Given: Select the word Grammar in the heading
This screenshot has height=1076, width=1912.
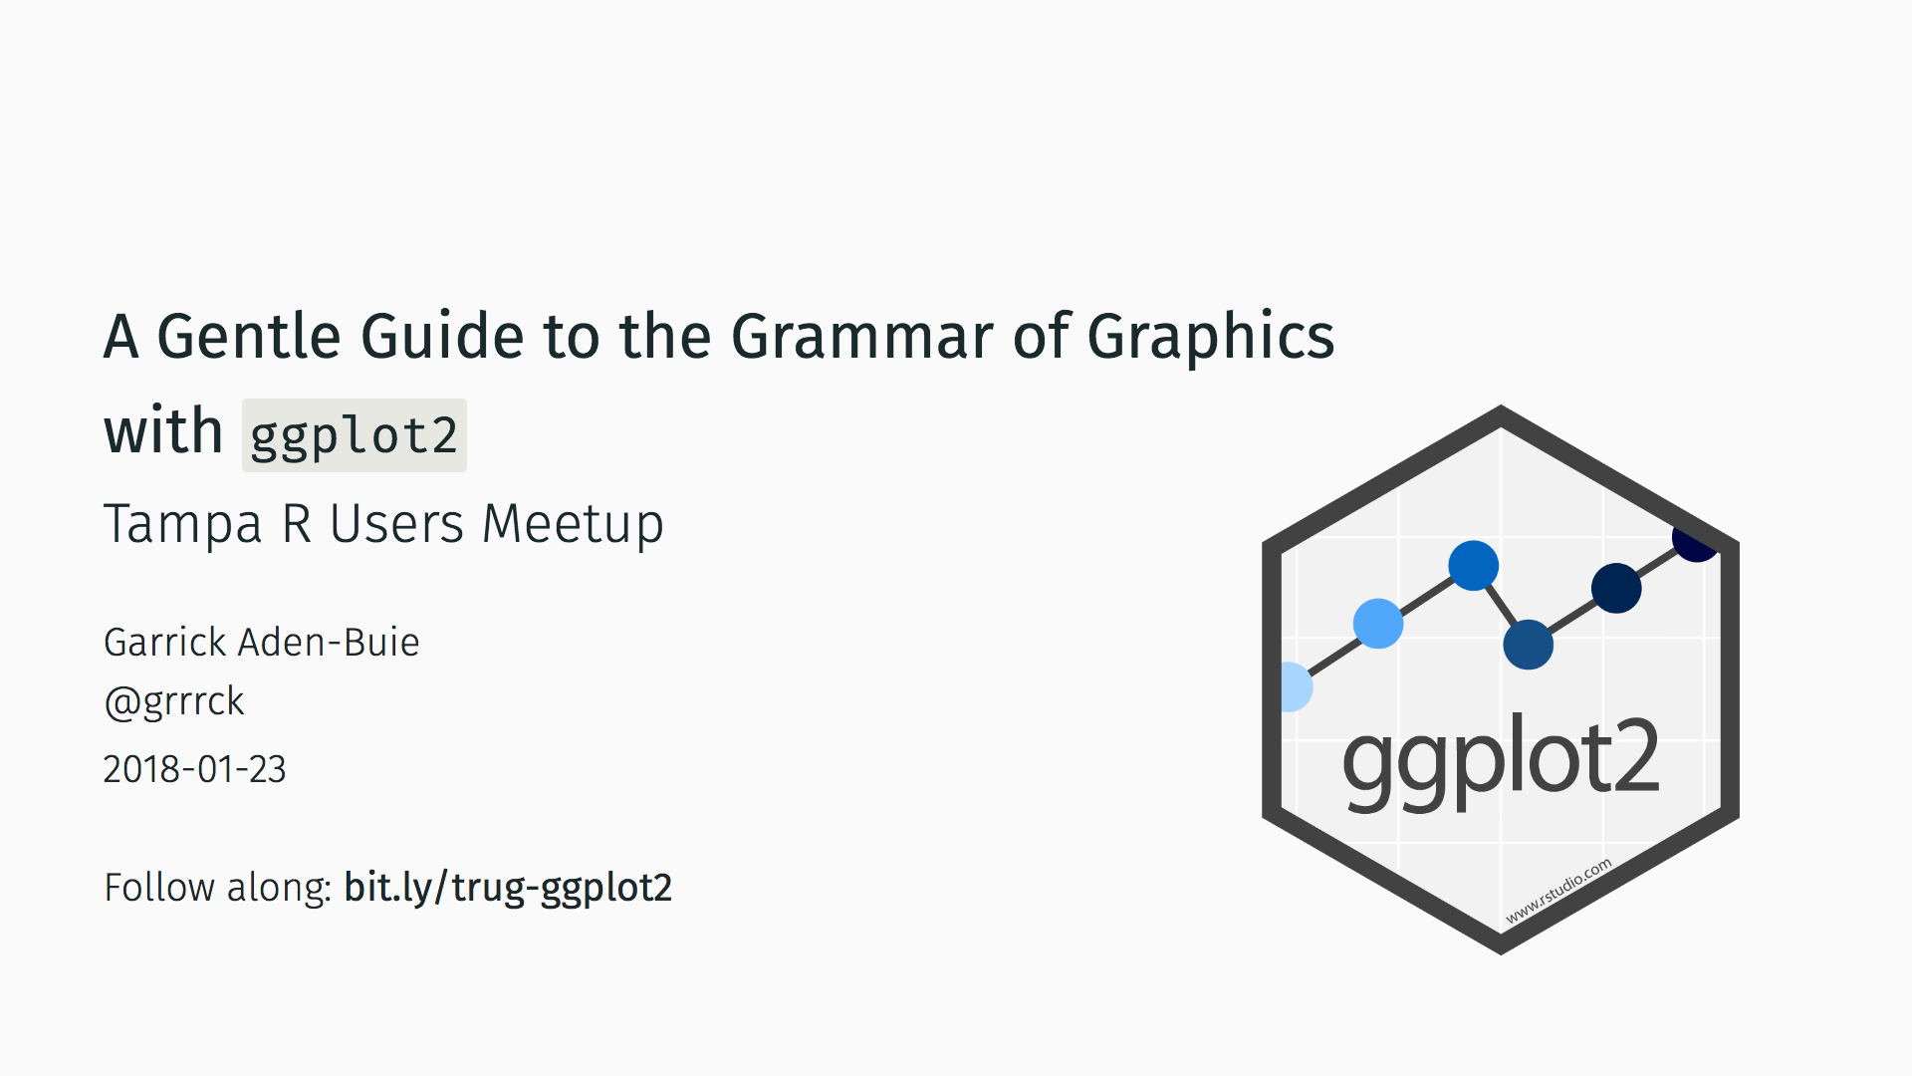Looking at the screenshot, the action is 862,336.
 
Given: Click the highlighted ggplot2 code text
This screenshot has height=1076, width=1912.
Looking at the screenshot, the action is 354,436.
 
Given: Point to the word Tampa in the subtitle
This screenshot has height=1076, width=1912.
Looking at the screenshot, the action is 183,525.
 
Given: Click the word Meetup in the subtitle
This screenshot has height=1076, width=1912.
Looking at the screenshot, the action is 573,525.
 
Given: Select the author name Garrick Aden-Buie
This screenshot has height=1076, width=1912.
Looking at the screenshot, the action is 261,643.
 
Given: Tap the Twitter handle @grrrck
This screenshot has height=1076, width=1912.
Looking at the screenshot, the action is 174,702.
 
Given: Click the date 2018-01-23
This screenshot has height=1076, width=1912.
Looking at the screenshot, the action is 194,769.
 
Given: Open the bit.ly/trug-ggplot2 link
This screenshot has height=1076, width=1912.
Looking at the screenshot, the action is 508,888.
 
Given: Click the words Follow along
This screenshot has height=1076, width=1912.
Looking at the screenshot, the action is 217,888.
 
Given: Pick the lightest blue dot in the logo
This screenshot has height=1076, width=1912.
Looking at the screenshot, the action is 1294,687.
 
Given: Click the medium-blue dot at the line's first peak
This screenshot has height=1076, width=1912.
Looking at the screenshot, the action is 1474,566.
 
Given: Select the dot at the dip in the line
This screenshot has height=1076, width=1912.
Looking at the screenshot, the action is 1529,645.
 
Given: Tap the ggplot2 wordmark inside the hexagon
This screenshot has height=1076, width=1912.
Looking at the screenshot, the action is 1501,760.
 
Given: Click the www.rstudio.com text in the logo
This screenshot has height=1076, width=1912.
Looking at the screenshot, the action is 1558,891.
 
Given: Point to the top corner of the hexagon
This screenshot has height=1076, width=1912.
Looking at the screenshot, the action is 1501,405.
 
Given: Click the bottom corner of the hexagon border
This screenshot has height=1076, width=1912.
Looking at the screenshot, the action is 1501,953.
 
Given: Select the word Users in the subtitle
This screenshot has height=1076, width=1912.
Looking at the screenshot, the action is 396,525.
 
